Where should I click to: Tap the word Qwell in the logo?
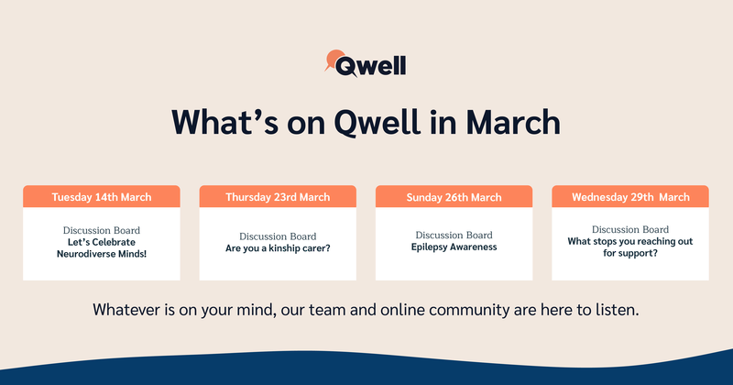(370, 66)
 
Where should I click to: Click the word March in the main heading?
(513, 122)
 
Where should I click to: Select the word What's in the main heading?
(224, 122)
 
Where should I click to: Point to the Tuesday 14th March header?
(102, 197)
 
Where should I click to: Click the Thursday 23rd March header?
(278, 197)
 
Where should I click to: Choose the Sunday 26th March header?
(454, 197)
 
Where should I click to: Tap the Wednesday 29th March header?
(630, 197)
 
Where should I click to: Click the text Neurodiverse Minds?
(102, 254)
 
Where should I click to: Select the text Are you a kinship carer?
(278, 248)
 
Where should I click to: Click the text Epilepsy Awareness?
(454, 247)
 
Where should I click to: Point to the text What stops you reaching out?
(630, 241)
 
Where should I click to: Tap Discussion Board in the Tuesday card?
(102, 230)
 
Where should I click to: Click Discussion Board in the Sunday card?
(454, 235)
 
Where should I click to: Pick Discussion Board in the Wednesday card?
(630, 229)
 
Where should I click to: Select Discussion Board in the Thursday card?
(278, 236)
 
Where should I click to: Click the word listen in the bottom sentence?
(617, 310)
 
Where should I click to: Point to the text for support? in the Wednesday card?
(630, 253)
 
